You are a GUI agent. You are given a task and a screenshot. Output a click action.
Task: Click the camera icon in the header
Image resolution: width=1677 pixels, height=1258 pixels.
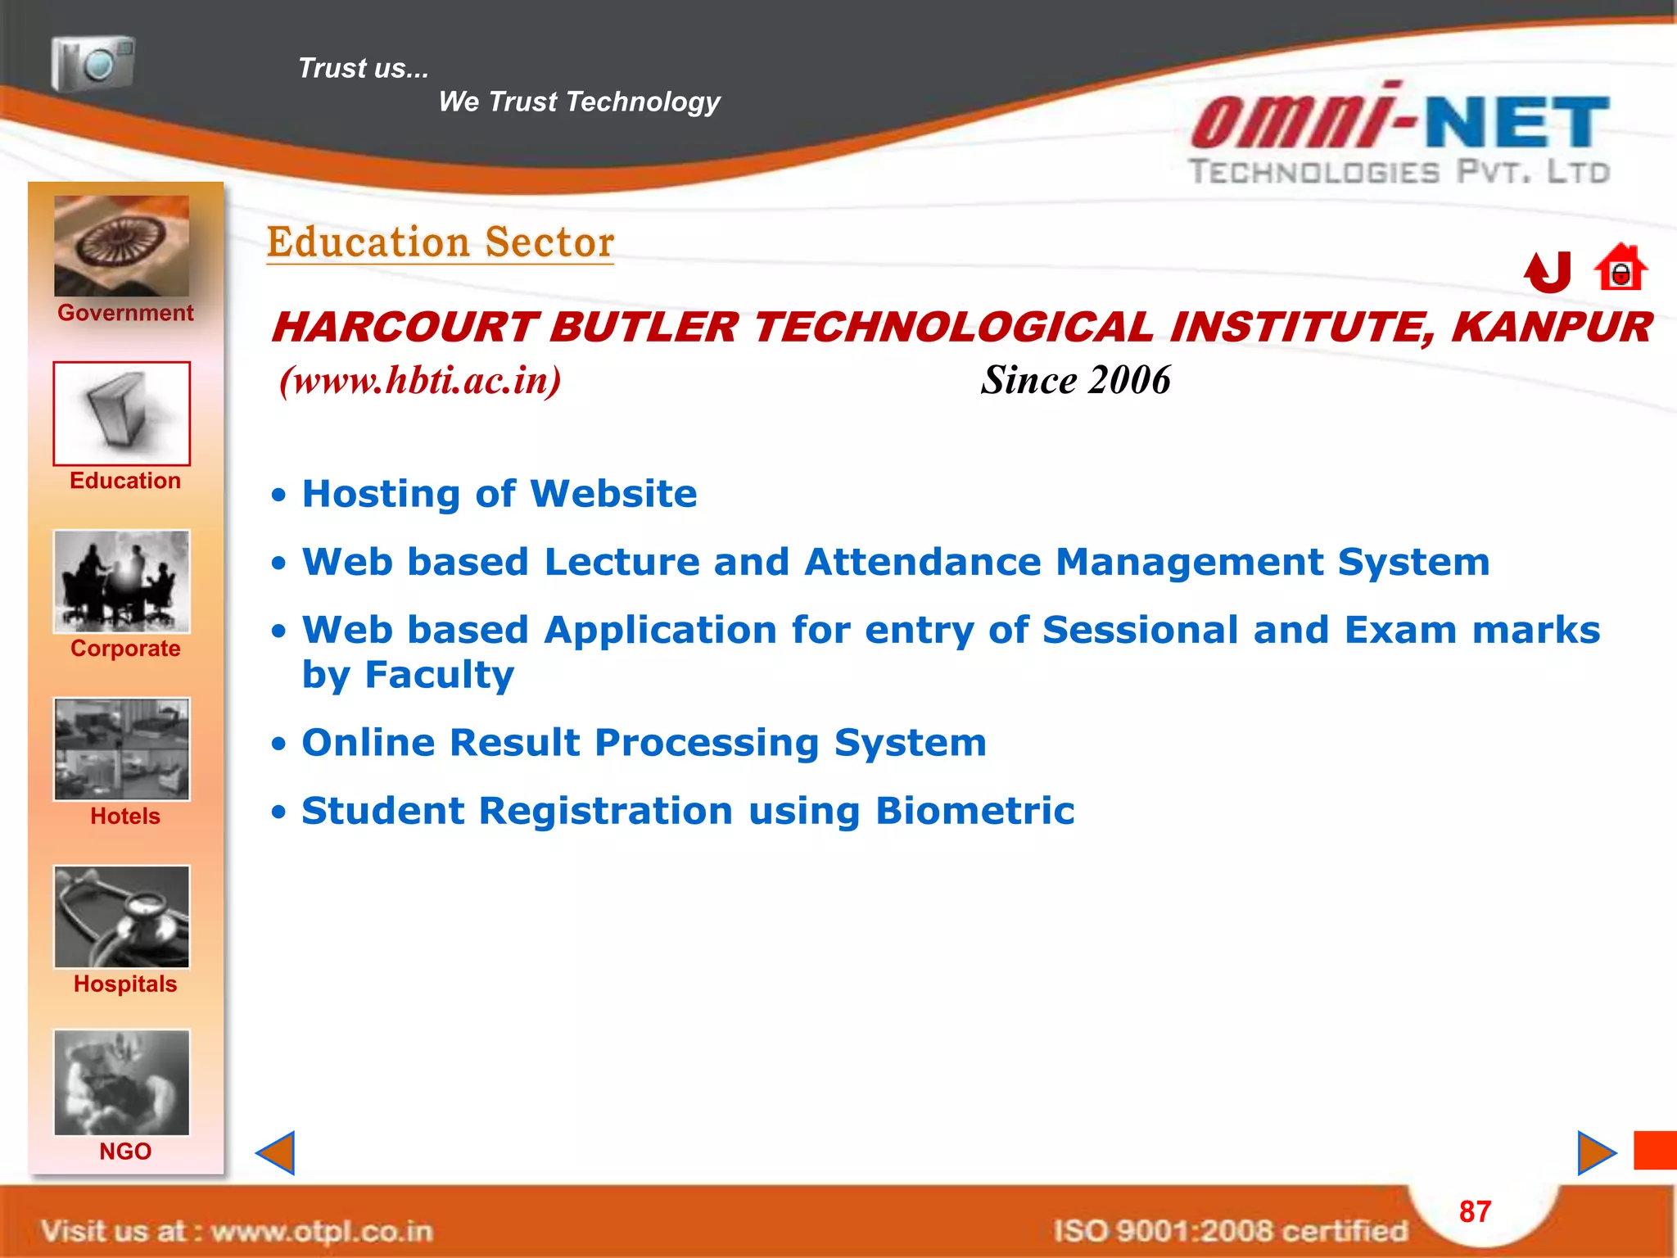(x=93, y=63)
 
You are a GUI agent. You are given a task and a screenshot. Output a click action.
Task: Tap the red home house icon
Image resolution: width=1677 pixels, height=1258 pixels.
(x=1620, y=268)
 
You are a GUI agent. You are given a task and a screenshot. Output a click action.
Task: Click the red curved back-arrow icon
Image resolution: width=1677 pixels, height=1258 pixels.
(x=1548, y=272)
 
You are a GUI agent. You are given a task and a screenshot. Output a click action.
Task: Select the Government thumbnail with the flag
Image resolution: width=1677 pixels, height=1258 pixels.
(x=121, y=246)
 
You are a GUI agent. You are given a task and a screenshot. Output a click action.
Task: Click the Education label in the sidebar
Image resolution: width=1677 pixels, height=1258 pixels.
(x=125, y=481)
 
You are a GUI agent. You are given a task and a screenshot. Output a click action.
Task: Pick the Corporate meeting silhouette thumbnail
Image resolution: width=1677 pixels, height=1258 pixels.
(x=121, y=581)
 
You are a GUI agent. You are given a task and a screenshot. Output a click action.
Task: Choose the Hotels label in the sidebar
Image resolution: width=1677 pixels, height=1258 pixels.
(x=125, y=816)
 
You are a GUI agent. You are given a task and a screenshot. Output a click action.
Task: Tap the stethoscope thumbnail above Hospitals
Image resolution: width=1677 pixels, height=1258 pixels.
(x=121, y=916)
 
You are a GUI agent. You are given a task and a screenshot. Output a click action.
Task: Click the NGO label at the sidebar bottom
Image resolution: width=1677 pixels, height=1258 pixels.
(x=125, y=1152)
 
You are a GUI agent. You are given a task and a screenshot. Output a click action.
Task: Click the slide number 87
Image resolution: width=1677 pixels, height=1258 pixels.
(x=1475, y=1211)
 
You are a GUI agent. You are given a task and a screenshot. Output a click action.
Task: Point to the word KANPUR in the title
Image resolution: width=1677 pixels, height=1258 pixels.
(x=1551, y=328)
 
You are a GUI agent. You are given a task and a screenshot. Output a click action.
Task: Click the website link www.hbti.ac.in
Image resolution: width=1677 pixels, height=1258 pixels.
(x=420, y=380)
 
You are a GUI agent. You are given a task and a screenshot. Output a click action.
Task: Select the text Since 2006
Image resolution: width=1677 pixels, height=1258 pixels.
(x=1075, y=380)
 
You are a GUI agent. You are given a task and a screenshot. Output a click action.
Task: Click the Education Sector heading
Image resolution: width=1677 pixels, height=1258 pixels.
(x=441, y=242)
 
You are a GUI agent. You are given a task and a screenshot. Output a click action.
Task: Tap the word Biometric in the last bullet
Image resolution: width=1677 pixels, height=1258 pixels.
(x=974, y=811)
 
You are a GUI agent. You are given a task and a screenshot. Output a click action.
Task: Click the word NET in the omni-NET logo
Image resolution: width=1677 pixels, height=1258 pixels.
(x=1517, y=123)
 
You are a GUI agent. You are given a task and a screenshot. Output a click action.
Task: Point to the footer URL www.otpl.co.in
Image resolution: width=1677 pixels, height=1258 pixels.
(x=321, y=1230)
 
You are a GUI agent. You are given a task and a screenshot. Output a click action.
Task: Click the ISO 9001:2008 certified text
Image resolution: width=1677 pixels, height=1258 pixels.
(x=1230, y=1230)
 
